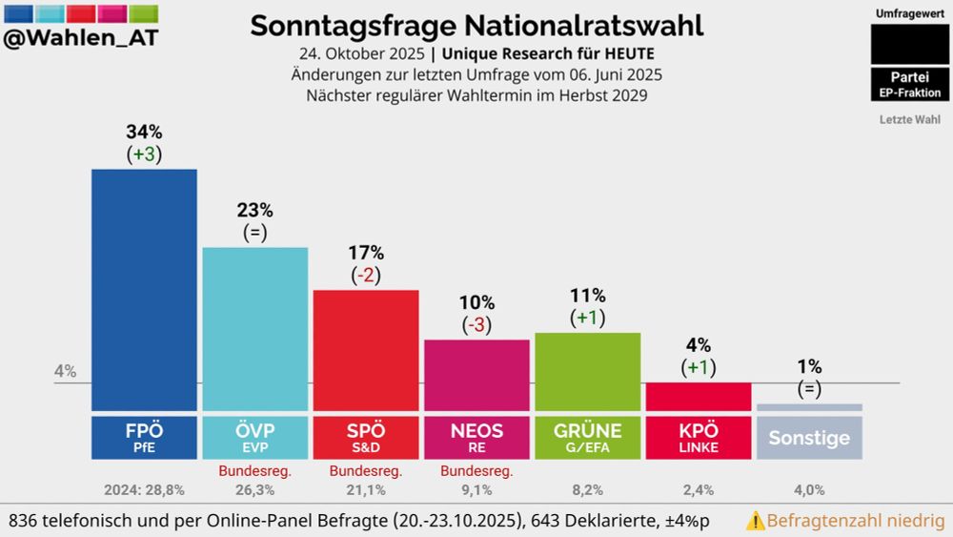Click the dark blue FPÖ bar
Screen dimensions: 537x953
(x=144, y=290)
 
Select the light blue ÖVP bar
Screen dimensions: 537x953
(x=254, y=329)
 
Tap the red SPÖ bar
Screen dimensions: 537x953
(x=366, y=350)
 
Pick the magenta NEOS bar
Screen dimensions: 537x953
(x=476, y=375)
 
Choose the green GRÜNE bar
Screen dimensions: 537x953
(x=587, y=371)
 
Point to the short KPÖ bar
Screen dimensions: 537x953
(x=698, y=397)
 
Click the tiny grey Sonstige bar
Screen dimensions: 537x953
(x=809, y=407)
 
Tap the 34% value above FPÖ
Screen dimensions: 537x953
(x=144, y=133)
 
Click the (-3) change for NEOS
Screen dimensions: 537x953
(x=476, y=324)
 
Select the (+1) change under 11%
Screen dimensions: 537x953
(x=587, y=318)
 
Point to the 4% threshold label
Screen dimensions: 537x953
(x=65, y=372)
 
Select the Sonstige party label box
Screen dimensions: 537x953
(x=809, y=439)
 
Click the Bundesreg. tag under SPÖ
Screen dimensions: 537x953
(x=366, y=471)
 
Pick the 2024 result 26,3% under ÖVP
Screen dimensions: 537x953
(x=254, y=490)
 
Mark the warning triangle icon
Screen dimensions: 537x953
(x=755, y=522)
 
